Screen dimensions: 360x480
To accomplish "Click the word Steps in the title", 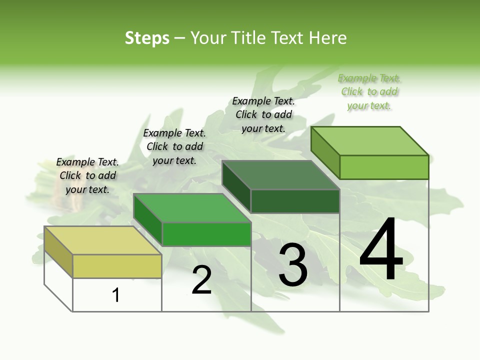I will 147,38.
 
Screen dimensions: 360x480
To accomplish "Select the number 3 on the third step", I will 293,265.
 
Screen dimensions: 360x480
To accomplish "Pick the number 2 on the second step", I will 201,280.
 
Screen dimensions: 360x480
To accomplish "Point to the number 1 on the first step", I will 116,295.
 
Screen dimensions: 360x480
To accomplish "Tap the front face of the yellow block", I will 117,266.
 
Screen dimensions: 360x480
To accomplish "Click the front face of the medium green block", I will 206,234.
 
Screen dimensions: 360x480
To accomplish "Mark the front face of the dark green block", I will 295,201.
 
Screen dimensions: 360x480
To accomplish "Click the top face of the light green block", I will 369,140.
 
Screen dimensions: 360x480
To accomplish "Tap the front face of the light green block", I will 384,167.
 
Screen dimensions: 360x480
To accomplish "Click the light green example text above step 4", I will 369,92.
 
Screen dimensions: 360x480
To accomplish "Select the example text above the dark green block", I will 263,114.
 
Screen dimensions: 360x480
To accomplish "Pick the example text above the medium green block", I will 174,146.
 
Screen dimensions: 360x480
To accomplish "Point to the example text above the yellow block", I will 87,175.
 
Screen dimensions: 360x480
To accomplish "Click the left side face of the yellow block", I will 58,252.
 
